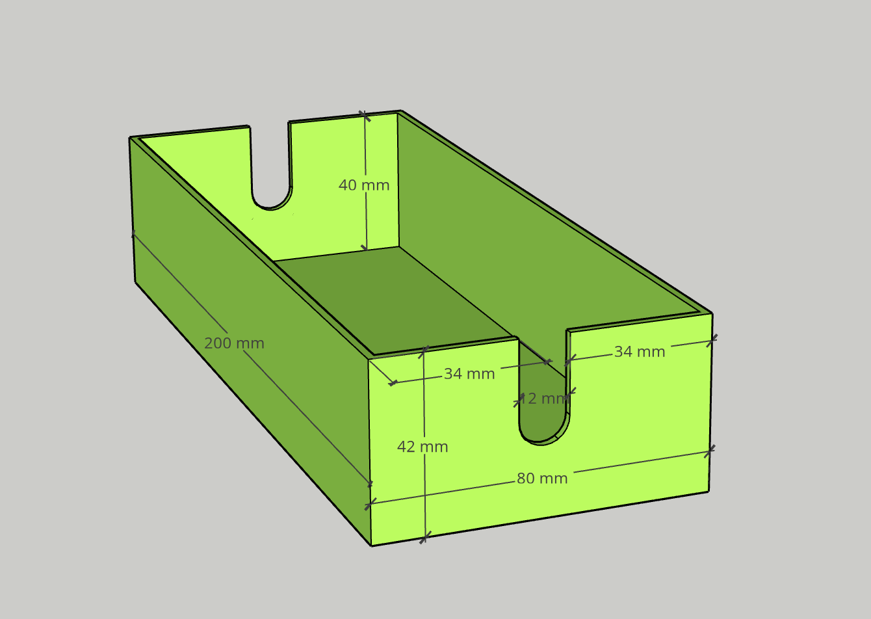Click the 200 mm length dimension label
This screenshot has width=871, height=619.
click(234, 343)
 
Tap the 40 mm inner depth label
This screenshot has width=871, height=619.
click(364, 185)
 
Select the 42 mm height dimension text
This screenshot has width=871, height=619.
click(422, 447)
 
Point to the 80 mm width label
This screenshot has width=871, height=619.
click(542, 479)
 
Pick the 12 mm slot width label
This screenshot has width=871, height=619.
click(543, 399)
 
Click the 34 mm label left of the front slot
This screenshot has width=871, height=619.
click(469, 374)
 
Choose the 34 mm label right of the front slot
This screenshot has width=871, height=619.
click(640, 352)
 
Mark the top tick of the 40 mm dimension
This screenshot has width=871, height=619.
click(365, 116)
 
